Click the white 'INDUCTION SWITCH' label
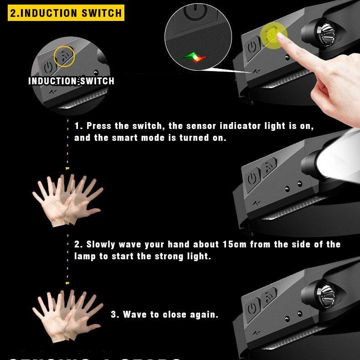pos(71,81)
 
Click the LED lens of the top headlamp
pos(328,34)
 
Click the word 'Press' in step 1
pos(99,126)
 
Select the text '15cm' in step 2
pos(235,244)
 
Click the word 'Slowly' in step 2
pos(103,244)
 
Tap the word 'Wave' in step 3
pos(135,314)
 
